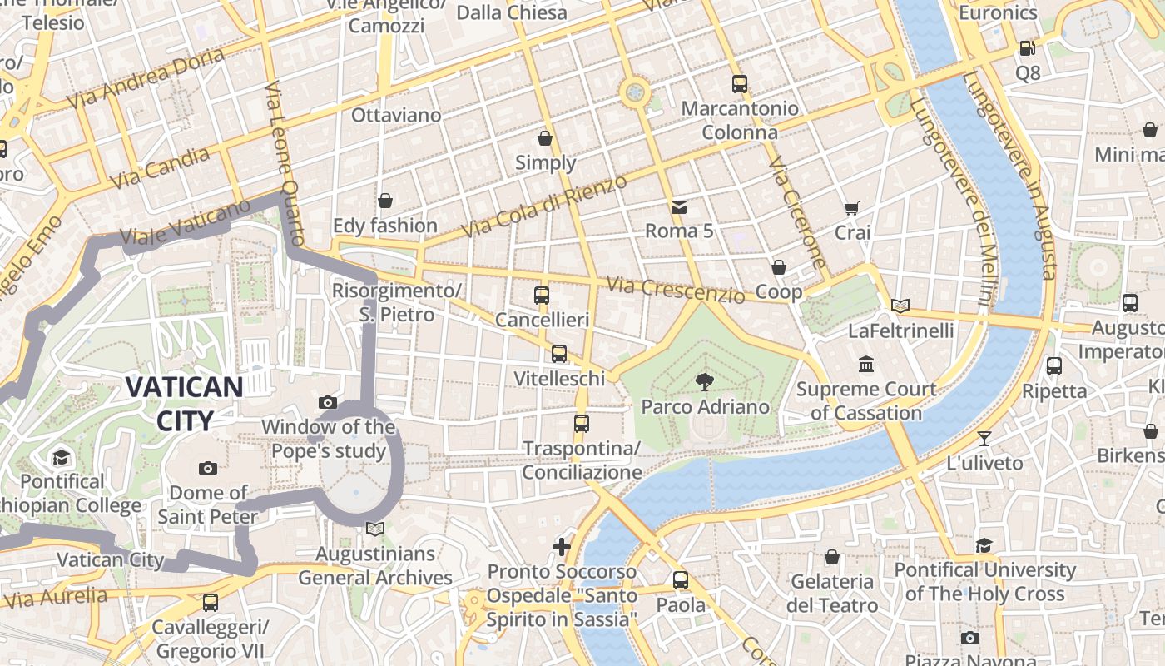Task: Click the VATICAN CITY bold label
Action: click(x=184, y=403)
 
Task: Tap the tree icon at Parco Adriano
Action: click(x=705, y=382)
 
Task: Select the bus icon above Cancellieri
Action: click(x=542, y=296)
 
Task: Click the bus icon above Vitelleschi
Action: click(x=559, y=354)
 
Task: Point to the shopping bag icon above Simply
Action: click(x=545, y=137)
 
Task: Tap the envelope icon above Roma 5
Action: click(x=679, y=206)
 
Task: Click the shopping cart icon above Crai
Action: click(x=851, y=208)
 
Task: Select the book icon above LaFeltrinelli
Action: click(x=900, y=306)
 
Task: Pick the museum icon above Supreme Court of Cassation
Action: click(x=866, y=365)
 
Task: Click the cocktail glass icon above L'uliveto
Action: click(x=984, y=438)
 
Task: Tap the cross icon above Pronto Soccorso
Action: click(x=562, y=547)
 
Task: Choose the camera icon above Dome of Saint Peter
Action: click(x=208, y=468)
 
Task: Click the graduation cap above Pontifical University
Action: click(x=984, y=545)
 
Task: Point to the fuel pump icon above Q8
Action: click(x=1028, y=48)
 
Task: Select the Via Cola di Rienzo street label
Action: click(x=543, y=206)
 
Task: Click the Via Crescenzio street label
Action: click(x=676, y=290)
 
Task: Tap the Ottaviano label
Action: click(x=396, y=115)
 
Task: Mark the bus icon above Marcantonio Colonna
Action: click(x=740, y=83)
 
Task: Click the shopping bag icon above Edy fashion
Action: click(x=384, y=201)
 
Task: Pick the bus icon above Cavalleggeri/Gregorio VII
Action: click(x=211, y=602)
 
